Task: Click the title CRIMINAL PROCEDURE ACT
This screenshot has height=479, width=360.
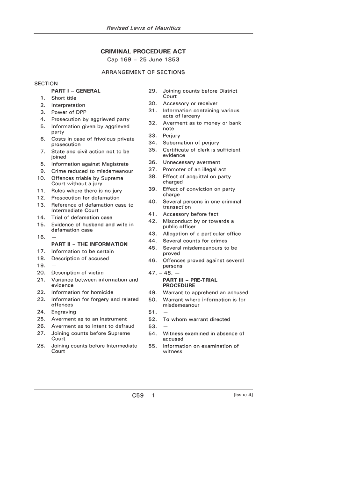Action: [144, 51]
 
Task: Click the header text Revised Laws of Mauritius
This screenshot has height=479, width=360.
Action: [144, 28]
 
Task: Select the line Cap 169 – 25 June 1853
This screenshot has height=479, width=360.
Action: [143, 60]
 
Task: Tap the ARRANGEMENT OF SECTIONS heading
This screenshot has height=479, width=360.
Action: [143, 73]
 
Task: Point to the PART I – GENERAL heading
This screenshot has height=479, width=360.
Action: [76, 91]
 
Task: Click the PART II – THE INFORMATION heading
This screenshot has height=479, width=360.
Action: [89, 244]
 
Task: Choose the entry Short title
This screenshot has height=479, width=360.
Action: [64, 98]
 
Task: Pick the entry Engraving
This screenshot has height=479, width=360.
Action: [64, 312]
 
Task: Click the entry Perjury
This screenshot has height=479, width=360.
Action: [171, 136]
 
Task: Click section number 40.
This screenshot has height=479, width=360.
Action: [152, 202]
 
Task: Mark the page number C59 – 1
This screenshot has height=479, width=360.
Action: [143, 396]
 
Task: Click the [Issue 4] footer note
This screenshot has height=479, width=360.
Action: [243, 395]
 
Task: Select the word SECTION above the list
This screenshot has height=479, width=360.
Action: [46, 84]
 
